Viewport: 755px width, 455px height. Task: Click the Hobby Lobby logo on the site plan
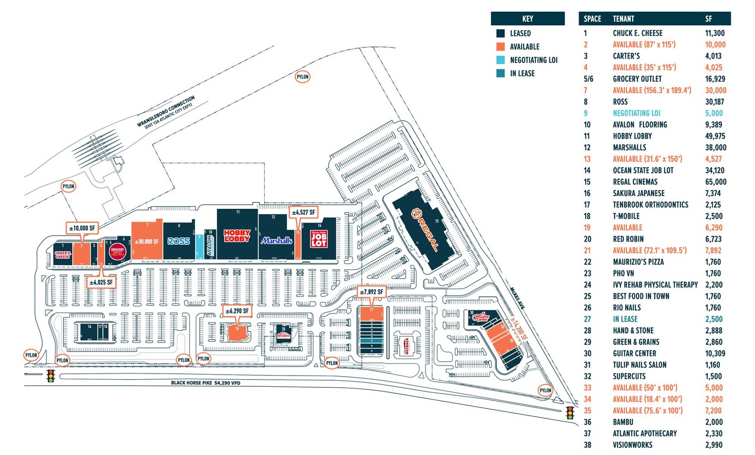click(x=237, y=236)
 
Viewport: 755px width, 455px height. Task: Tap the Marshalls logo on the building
click(x=276, y=241)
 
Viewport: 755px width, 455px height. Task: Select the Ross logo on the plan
click(x=178, y=241)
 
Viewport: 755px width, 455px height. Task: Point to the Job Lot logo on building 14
click(x=318, y=239)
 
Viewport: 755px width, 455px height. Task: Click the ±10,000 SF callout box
click(x=81, y=228)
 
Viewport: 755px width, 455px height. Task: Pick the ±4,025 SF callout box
click(x=101, y=282)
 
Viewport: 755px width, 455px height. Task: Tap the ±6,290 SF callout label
click(x=237, y=311)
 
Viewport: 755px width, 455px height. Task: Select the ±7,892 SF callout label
click(x=371, y=292)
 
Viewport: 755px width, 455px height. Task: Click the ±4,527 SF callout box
click(x=304, y=212)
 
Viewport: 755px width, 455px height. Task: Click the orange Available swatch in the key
click(x=500, y=47)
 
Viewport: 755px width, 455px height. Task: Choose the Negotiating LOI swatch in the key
click(x=500, y=60)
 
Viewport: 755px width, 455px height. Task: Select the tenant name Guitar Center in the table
click(x=634, y=353)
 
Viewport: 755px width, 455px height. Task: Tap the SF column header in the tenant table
click(x=709, y=19)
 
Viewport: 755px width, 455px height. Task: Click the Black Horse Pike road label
click(x=205, y=383)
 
